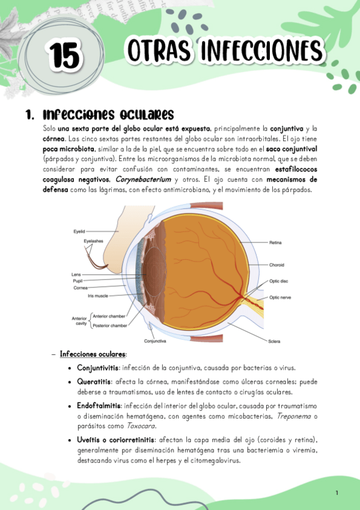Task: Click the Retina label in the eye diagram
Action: click(x=276, y=242)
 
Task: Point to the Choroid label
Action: click(x=277, y=264)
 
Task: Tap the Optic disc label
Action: click(x=279, y=281)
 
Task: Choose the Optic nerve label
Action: click(x=281, y=297)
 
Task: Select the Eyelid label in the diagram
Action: click(x=80, y=231)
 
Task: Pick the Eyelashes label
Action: click(x=94, y=241)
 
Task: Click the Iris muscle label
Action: click(x=98, y=295)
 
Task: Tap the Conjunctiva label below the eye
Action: click(x=154, y=341)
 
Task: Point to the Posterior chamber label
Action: click(x=110, y=325)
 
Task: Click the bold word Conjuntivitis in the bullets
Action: click(x=97, y=367)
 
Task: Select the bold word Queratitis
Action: click(x=94, y=382)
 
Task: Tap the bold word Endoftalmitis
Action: click(x=99, y=407)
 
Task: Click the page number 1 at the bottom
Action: click(x=337, y=493)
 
